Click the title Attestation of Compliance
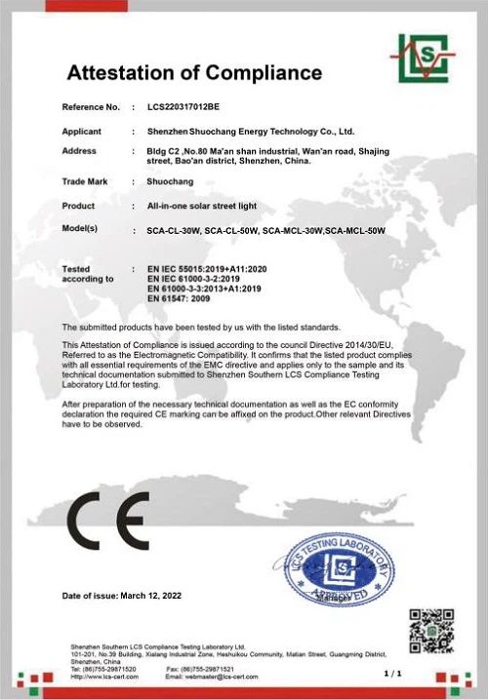(193, 73)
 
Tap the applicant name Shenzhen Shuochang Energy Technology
(250, 131)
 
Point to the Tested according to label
(82, 273)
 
